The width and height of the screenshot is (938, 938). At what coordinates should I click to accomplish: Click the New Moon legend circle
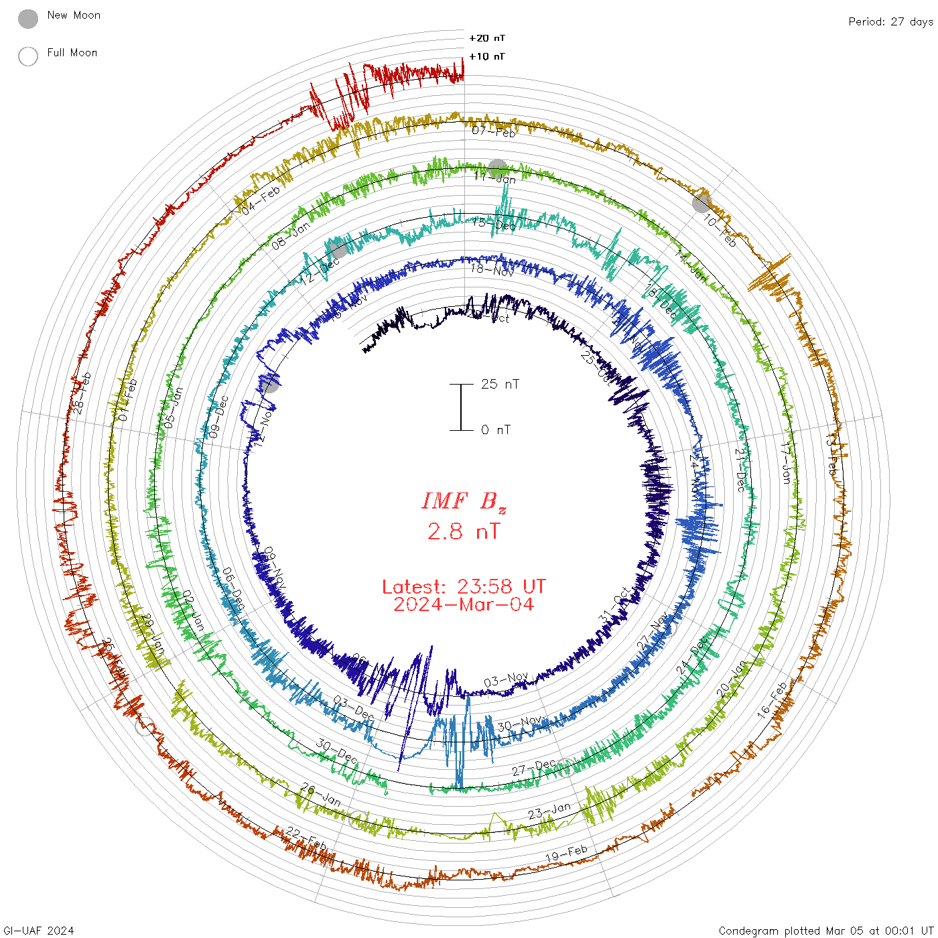(x=28, y=19)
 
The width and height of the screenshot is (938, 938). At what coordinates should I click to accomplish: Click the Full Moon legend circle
(x=28, y=56)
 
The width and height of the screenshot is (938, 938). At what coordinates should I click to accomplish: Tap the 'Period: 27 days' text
(x=890, y=21)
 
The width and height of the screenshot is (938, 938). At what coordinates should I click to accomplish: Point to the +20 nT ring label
(x=487, y=38)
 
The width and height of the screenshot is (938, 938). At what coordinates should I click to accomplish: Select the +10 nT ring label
(x=487, y=56)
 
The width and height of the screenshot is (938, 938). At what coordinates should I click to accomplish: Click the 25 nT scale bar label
(x=500, y=384)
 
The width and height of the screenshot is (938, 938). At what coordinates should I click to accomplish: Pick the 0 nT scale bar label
(x=496, y=429)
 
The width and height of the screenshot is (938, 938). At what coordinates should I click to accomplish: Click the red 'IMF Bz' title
(x=464, y=501)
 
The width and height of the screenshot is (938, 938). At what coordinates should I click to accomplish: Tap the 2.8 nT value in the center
(x=464, y=531)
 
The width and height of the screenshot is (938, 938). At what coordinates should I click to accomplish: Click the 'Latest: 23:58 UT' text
(x=464, y=587)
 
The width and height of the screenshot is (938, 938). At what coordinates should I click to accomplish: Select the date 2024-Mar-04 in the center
(x=464, y=604)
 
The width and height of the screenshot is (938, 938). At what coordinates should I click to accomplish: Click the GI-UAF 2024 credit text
(x=39, y=930)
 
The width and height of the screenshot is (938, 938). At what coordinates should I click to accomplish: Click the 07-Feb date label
(x=494, y=131)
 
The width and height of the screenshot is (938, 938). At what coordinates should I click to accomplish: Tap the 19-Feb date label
(x=566, y=854)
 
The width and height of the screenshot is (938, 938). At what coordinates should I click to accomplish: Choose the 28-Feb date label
(x=79, y=393)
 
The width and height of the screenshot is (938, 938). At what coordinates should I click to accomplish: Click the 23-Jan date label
(x=549, y=811)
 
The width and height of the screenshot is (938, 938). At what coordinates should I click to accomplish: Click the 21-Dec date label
(x=740, y=470)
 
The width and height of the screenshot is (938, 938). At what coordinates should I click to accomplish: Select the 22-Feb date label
(x=306, y=838)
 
